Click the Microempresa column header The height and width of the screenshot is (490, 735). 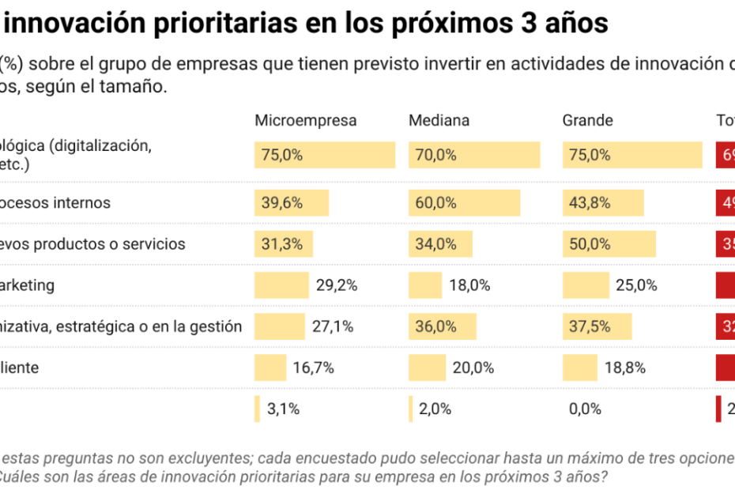click(305, 121)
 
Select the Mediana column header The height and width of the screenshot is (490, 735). click(439, 121)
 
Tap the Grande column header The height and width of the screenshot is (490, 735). click(587, 121)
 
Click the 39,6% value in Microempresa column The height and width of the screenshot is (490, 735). click(282, 203)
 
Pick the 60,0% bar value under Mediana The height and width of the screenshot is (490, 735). click(436, 203)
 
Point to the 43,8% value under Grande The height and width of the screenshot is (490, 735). click(590, 203)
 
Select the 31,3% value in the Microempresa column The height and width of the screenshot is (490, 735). click(282, 244)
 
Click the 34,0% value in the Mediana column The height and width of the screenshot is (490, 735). click(436, 244)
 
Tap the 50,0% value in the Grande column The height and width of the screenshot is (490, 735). click(590, 244)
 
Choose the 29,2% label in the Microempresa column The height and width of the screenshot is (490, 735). click(337, 285)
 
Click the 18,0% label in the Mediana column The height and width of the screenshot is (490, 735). click(469, 285)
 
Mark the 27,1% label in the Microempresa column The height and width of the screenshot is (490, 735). click(332, 326)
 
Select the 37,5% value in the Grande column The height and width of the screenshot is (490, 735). click(590, 326)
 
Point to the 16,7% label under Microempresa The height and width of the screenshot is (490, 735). click(314, 367)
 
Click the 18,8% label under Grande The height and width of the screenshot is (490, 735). click(625, 367)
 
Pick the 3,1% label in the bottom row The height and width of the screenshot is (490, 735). click(283, 409)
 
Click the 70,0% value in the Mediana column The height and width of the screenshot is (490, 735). click(436, 156)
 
